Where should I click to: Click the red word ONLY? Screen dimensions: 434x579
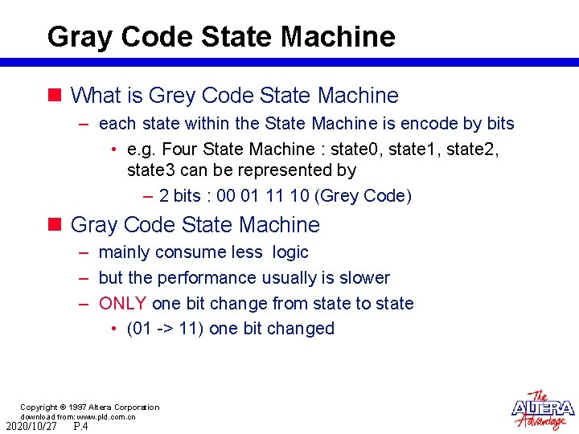pos(122,303)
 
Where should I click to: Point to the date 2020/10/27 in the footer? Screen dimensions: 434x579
pos(31,426)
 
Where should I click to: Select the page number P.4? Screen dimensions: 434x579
pos(80,426)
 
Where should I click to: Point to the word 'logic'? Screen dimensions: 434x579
pos(290,252)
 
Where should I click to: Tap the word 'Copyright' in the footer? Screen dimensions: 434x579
pos(39,407)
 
